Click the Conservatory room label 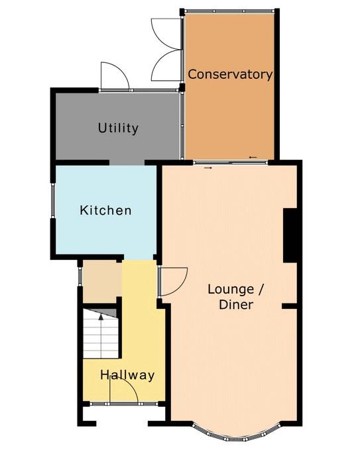230,74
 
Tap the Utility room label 118,128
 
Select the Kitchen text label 105,210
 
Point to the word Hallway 127,375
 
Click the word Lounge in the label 231,290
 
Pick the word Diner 236,305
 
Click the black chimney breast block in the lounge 290,235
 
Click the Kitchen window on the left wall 53,199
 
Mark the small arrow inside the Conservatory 253,157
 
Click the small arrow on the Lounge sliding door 208,168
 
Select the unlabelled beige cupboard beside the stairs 103,281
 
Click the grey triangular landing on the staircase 103,313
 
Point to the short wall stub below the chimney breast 289,306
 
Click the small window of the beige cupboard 80,276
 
